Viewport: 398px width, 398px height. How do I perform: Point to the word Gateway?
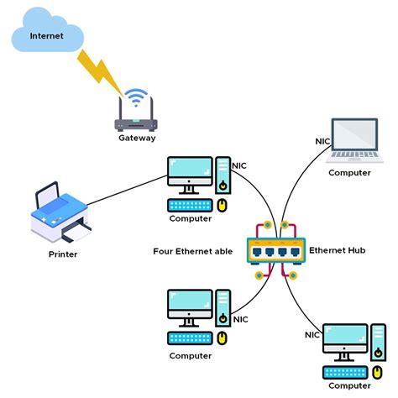point(136,138)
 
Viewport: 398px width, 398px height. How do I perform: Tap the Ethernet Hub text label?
point(338,250)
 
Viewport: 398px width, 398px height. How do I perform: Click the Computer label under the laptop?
point(349,172)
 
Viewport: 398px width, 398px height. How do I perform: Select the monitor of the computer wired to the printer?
point(191,172)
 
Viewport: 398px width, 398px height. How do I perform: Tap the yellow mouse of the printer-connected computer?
point(223,204)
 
